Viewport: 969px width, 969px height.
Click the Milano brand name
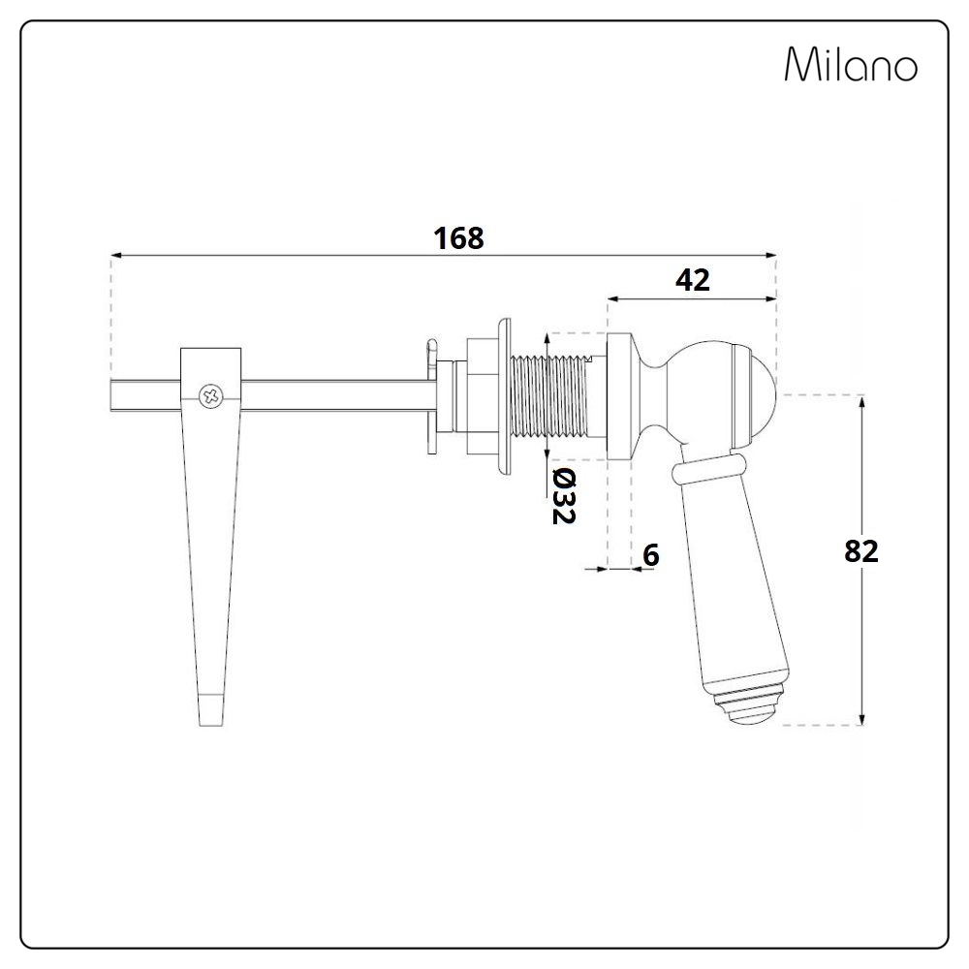tap(851, 64)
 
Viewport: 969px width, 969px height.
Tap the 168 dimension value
tap(458, 238)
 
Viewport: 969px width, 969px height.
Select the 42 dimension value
tap(693, 281)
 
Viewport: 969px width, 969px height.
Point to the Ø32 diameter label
tap(564, 495)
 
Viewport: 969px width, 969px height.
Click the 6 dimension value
tap(651, 555)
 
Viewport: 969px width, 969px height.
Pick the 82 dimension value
tap(860, 550)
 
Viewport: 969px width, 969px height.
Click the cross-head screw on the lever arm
tap(210, 396)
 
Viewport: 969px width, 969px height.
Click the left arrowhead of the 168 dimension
tap(116, 255)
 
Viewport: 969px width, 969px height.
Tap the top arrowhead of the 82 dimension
tap(861, 403)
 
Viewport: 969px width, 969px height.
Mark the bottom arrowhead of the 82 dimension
tap(861, 718)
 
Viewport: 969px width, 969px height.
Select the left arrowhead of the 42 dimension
tap(613, 299)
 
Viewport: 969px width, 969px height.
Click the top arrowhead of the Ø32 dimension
tap(547, 340)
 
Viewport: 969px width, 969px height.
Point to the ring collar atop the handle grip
tap(709, 468)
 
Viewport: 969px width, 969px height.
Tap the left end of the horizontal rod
tap(111, 395)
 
